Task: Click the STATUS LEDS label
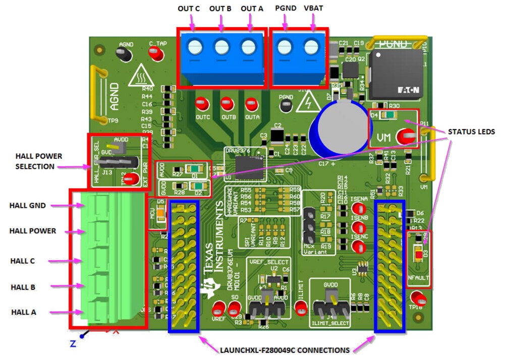471,132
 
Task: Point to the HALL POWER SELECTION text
38,161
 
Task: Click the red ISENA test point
359,208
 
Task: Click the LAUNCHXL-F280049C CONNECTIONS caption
284,350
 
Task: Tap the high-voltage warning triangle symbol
306,104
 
